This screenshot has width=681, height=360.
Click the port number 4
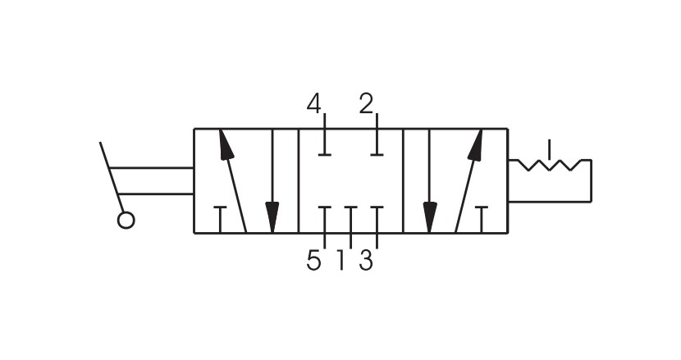313,104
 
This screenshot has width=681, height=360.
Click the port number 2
366,104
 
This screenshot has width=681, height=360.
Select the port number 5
313,261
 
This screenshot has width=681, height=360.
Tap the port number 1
341,261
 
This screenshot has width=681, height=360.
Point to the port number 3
366,261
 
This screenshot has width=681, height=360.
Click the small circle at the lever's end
126,220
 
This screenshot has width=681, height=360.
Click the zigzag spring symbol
550,165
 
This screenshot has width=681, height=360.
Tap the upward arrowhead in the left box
226,144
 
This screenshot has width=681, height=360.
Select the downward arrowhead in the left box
272,217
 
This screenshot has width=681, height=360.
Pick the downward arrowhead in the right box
430,217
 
